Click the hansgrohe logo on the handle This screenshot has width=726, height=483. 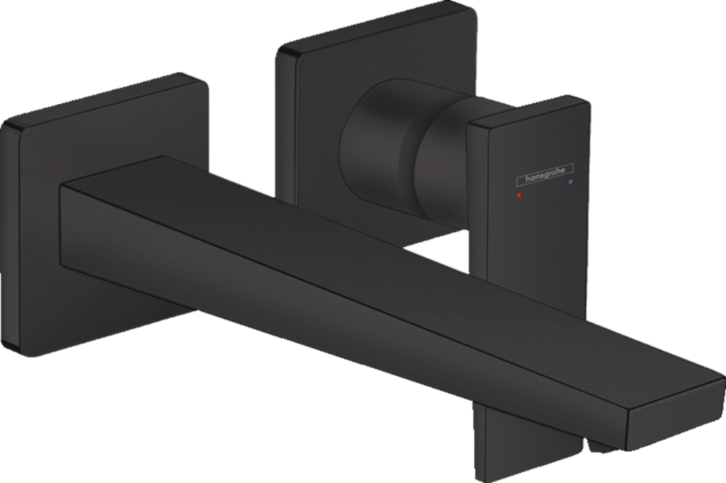(x=545, y=174)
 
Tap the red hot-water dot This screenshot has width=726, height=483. (x=518, y=195)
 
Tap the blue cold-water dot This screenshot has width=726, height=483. (x=570, y=182)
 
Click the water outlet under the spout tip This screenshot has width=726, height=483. (x=597, y=446)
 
